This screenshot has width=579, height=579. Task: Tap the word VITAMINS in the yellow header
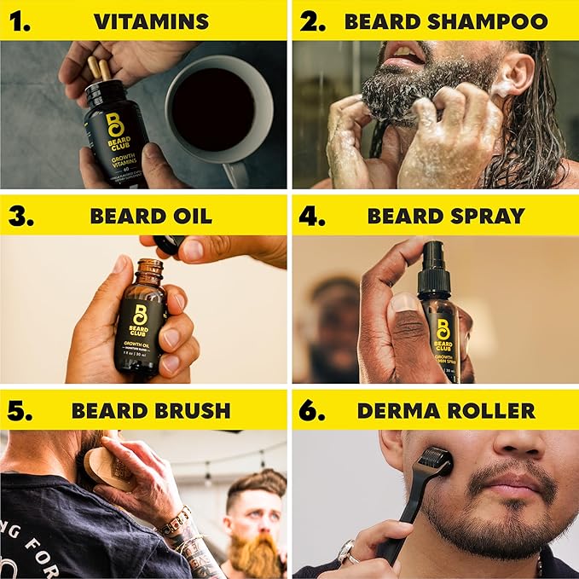pos(151,21)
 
